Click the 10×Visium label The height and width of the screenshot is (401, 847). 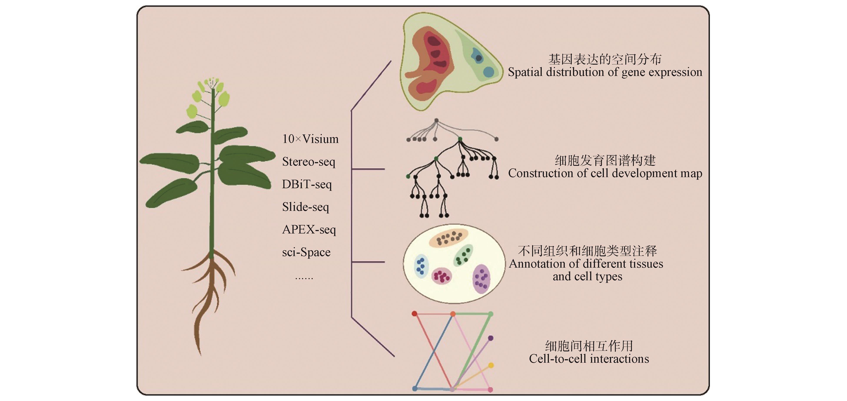click(310, 139)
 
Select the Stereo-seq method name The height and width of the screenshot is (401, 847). click(308, 162)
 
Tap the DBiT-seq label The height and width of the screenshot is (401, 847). click(307, 184)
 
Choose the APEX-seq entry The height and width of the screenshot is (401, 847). click(309, 230)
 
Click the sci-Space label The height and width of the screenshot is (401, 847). click(306, 252)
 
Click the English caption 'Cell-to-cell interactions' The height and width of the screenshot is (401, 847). click(589, 359)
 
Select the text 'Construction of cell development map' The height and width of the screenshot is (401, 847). click(605, 173)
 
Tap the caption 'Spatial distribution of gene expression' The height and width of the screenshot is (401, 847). click(605, 72)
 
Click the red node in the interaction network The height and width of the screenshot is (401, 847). click(415, 314)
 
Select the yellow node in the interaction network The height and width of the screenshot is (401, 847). click(491, 365)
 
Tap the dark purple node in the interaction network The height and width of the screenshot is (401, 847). click(491, 338)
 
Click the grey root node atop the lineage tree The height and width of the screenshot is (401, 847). click(436, 121)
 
